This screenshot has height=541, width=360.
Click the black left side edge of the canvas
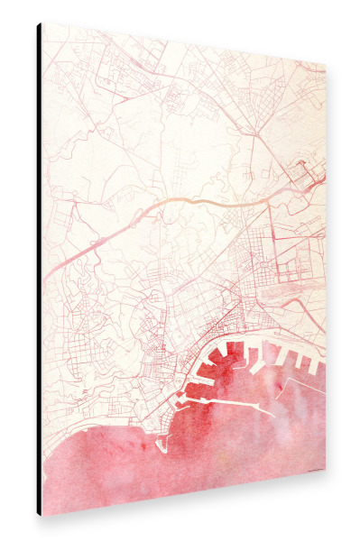click(x=39, y=270)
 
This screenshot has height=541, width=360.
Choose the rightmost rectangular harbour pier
click(x=317, y=364)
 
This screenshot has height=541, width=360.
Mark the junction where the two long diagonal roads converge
click(x=256, y=136)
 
